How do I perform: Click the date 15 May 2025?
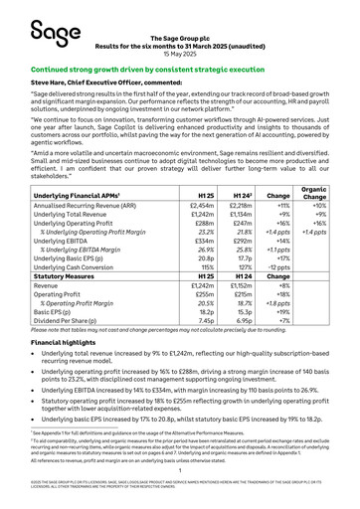click(179, 53)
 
